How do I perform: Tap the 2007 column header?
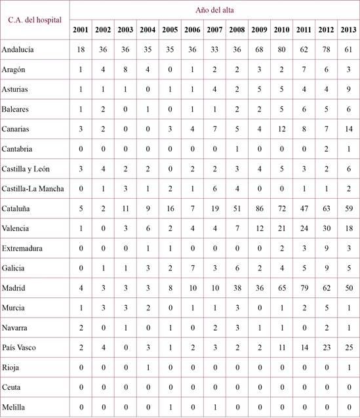[x=214, y=30]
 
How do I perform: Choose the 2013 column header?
[x=348, y=30]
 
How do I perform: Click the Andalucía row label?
[x=18, y=49]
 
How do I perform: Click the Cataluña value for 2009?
[x=259, y=209]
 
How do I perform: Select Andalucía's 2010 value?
[x=281, y=49]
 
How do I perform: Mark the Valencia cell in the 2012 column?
[x=326, y=229]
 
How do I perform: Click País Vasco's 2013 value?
[x=348, y=348]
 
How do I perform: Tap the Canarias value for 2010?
[x=281, y=129]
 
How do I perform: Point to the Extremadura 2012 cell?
[x=326, y=249]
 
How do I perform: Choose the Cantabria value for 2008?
[x=237, y=149]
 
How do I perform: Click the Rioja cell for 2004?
[x=148, y=368]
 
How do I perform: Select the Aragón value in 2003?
[x=125, y=70]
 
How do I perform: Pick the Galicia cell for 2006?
[x=192, y=269]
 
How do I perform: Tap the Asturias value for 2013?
[x=348, y=89]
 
